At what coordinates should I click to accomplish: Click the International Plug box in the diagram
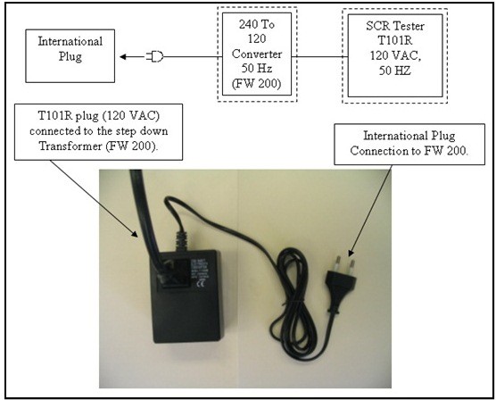pyautogui.click(x=70, y=56)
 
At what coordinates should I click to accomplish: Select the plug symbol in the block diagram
pyautogui.click(x=154, y=57)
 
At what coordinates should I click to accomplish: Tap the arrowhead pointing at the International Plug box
pyautogui.click(x=123, y=57)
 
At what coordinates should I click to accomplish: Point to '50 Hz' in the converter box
pyautogui.click(x=257, y=69)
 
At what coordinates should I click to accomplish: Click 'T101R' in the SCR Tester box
pyautogui.click(x=395, y=40)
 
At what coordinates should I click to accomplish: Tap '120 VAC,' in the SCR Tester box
pyautogui.click(x=395, y=55)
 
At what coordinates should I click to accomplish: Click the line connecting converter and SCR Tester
pyautogui.click(x=319, y=57)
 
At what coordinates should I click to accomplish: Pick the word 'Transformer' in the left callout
pyautogui.click(x=70, y=146)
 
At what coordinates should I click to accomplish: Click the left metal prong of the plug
pyautogui.click(x=338, y=264)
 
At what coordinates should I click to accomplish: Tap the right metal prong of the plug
pyautogui.click(x=351, y=268)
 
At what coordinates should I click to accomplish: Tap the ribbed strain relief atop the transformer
pyautogui.click(x=181, y=241)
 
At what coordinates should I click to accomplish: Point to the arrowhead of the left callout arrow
pyautogui.click(x=135, y=234)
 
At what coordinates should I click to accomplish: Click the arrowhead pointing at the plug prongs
pyautogui.click(x=351, y=253)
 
